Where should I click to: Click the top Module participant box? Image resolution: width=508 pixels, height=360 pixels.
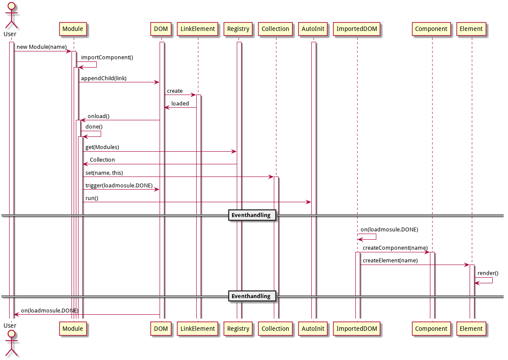[x=73, y=29]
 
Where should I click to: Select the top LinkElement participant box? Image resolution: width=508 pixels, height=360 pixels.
[x=198, y=29]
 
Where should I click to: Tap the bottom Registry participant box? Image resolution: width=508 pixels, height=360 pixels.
[x=238, y=329]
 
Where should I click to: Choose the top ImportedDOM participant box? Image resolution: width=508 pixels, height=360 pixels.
[x=357, y=29]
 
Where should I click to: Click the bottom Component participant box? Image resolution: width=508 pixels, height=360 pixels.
[x=431, y=329]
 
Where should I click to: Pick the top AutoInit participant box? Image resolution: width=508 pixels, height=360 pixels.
[x=313, y=29]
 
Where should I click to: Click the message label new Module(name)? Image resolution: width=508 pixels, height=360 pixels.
[x=41, y=47]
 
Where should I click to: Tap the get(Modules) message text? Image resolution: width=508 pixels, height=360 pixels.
[x=102, y=147]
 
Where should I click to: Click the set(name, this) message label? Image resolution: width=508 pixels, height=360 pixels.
[x=104, y=173]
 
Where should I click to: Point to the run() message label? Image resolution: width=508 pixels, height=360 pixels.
[x=92, y=198]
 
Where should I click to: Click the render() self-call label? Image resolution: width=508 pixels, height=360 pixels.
[x=488, y=273]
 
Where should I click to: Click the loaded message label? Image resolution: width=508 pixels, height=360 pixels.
[x=180, y=103]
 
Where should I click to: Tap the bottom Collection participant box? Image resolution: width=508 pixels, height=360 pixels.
[x=275, y=329]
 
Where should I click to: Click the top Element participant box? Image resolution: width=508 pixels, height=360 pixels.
[x=471, y=29]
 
